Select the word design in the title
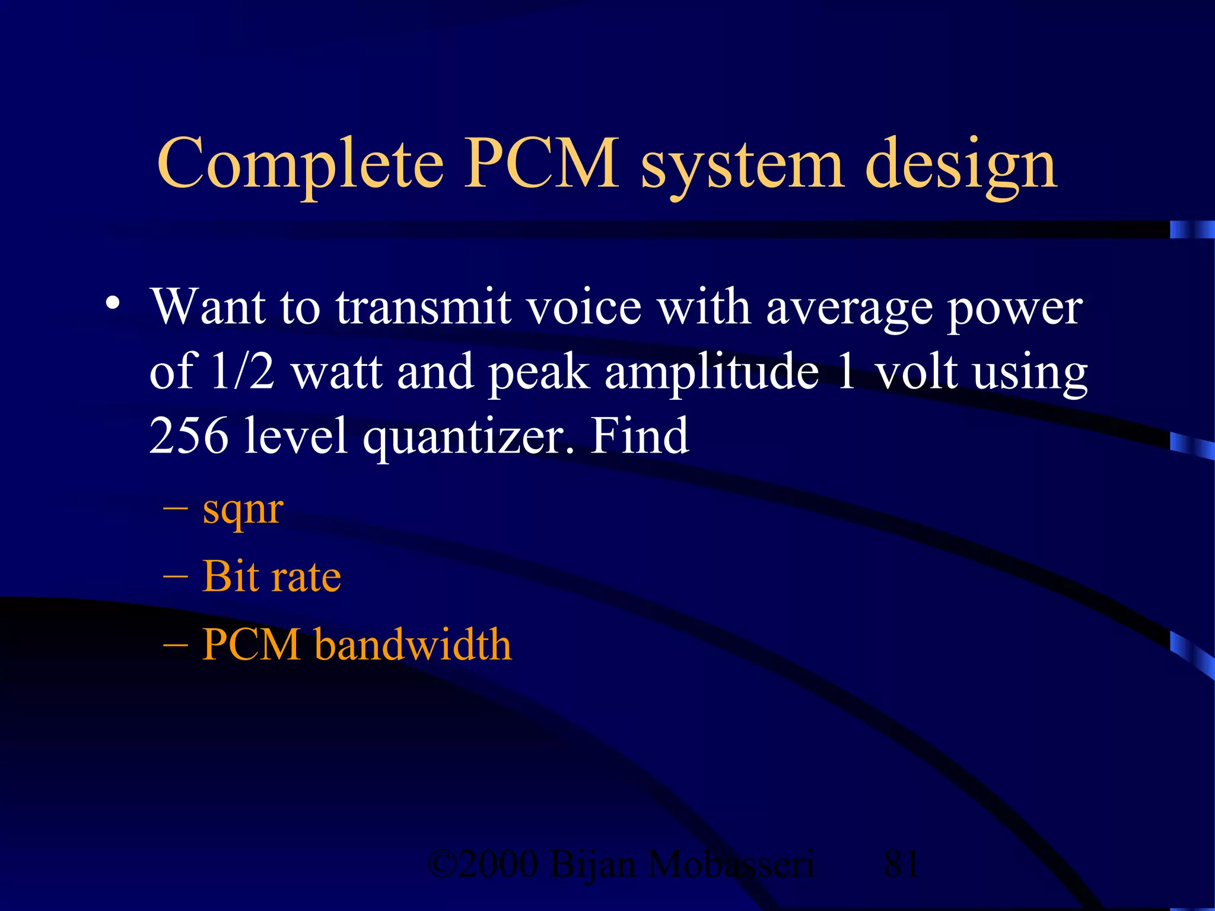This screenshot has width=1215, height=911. [x=960, y=165]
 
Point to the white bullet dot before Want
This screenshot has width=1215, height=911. [x=113, y=304]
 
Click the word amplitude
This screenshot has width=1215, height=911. [x=712, y=372]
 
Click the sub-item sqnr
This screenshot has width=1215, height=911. [x=243, y=511]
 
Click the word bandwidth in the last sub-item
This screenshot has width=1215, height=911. [x=413, y=644]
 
